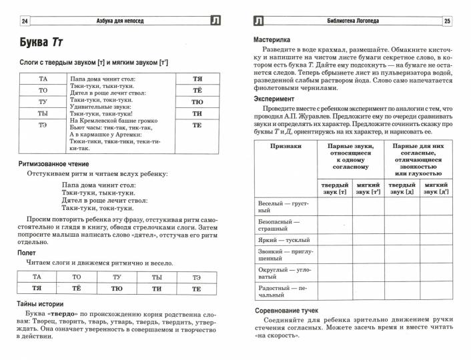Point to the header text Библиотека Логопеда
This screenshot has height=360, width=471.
point(353,21)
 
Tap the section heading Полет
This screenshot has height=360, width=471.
point(28,253)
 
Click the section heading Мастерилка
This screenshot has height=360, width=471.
point(276,40)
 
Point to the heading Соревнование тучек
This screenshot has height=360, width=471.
point(287,311)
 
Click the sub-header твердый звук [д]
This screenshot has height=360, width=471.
point(403,188)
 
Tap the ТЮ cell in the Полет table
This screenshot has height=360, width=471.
point(117,288)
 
